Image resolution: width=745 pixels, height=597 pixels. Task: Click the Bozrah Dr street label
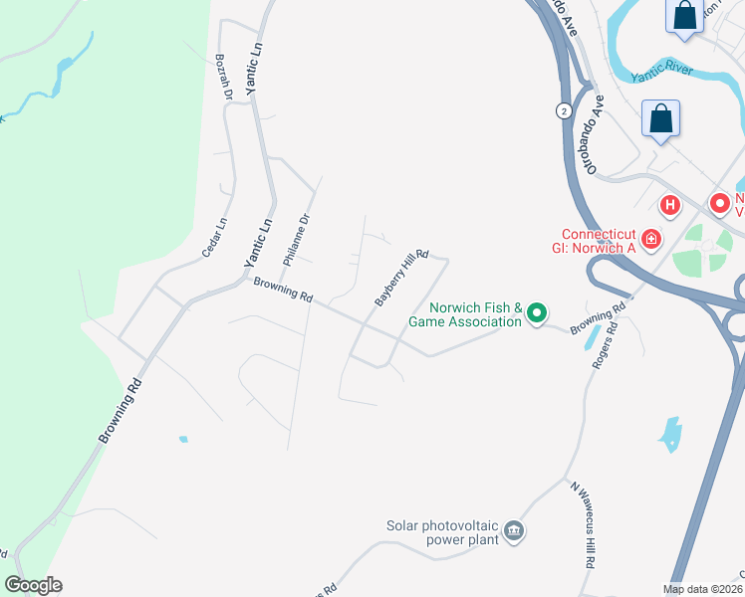click(x=224, y=77)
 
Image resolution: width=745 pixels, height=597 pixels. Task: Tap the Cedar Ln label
click(x=214, y=239)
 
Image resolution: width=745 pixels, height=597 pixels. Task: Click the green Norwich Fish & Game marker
click(x=536, y=314)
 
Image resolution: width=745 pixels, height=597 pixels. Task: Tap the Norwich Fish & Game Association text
click(x=475, y=314)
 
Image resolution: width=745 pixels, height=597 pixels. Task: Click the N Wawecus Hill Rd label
click(x=583, y=524)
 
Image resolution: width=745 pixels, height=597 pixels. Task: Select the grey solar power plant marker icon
click(x=514, y=530)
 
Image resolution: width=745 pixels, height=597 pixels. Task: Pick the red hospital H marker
click(x=670, y=205)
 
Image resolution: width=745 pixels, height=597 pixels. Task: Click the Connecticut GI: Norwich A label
click(x=591, y=240)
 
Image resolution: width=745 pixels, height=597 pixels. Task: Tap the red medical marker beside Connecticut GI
click(x=650, y=239)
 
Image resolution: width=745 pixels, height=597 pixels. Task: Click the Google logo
click(x=33, y=585)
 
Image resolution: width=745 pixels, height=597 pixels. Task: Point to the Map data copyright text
click(x=703, y=589)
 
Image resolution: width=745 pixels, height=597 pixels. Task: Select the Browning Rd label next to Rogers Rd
click(x=598, y=316)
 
